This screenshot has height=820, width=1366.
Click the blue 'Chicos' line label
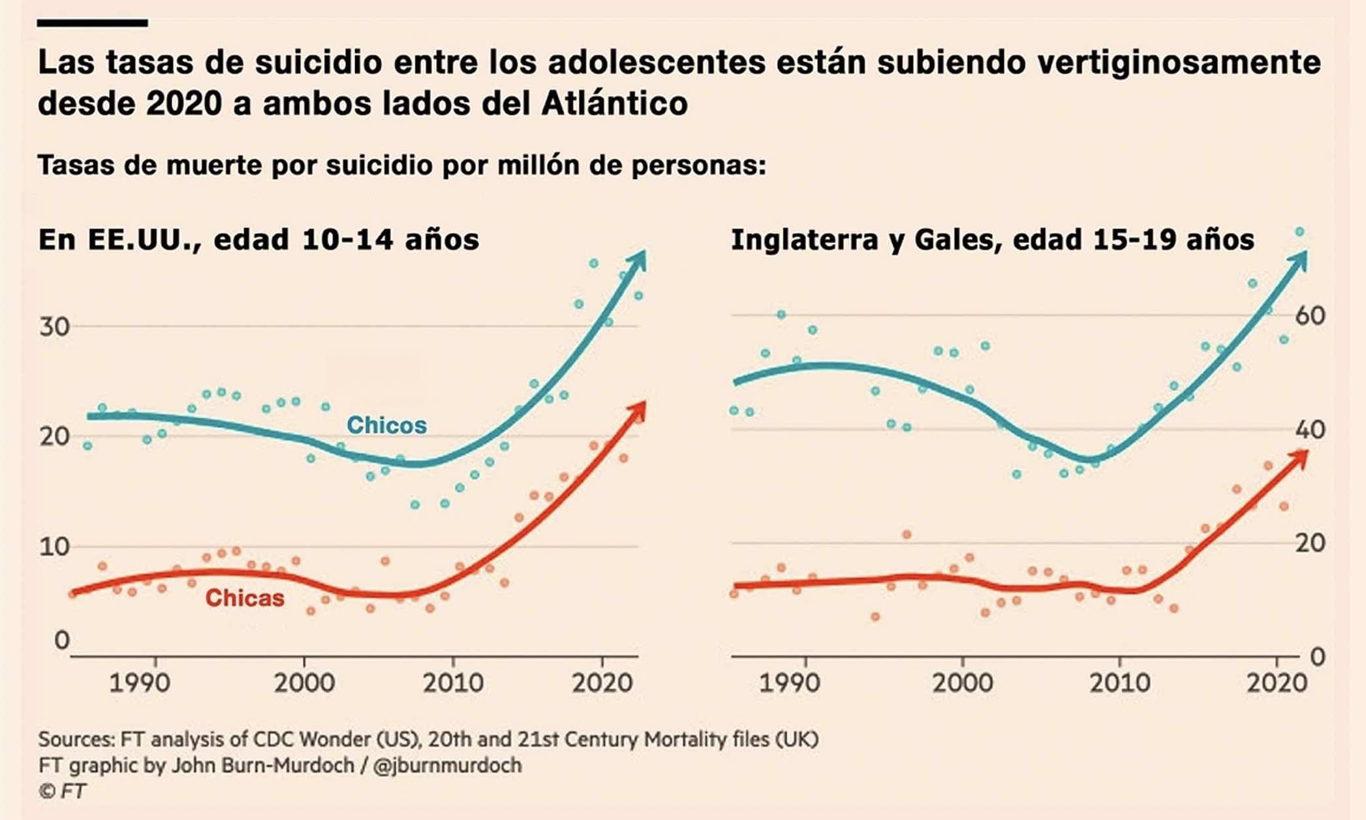[x=386, y=425]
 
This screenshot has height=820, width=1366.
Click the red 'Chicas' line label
[x=245, y=598]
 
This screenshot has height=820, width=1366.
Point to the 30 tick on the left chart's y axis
[x=54, y=326]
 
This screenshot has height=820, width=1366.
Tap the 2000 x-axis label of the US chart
[x=303, y=683]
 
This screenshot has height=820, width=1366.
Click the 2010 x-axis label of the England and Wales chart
[x=1120, y=683]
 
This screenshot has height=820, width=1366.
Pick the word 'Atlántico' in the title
[x=614, y=103]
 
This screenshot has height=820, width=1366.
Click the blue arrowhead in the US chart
[x=638, y=260]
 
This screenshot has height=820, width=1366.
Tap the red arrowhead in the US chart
[x=638, y=410]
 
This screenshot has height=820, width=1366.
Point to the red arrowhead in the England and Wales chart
[x=1301, y=457]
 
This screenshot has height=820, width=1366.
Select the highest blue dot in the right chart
[x=1299, y=232]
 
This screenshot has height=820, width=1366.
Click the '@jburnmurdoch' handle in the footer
[x=447, y=765]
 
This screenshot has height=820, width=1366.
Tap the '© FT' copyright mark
[x=62, y=791]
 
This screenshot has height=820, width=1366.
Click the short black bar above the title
[x=92, y=23]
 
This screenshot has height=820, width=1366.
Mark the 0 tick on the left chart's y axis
[x=61, y=640]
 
